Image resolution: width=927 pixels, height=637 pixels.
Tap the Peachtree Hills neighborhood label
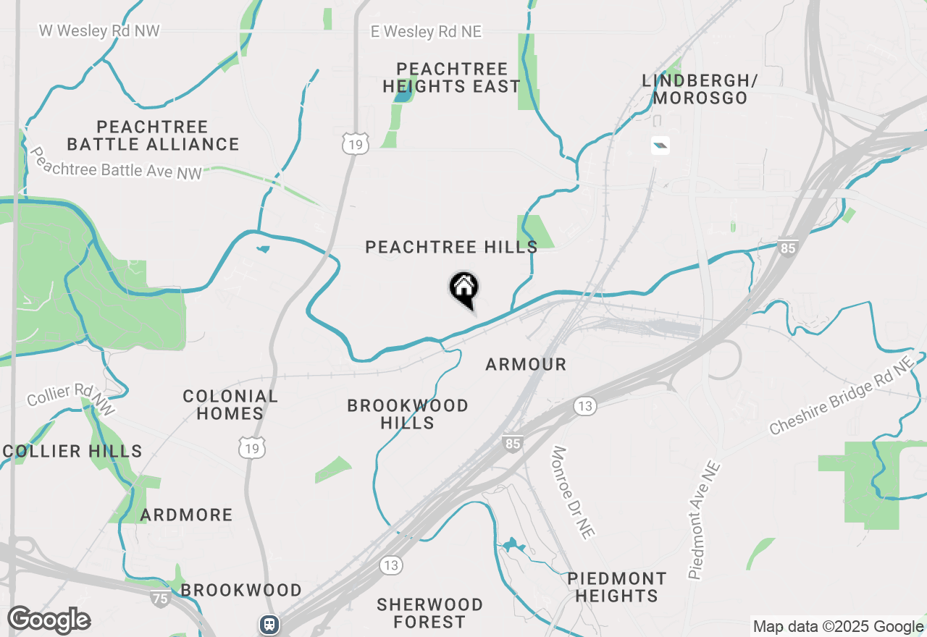point(451,248)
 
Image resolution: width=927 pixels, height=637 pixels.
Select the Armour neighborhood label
point(526,365)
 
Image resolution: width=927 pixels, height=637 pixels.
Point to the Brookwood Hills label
point(408,414)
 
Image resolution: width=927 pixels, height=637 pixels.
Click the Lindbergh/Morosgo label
point(699,90)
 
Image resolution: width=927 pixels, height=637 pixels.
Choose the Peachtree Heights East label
point(452,78)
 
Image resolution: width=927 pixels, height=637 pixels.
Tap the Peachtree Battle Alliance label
point(153,136)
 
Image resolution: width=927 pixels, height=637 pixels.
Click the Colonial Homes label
point(230,405)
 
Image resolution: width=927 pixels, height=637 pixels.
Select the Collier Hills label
point(72,452)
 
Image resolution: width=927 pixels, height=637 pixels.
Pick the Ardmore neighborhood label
point(187,515)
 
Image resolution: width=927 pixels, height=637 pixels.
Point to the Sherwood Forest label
point(430,613)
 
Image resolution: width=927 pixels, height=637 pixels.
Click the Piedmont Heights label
point(616,588)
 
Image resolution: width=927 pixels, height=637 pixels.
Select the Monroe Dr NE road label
point(573,492)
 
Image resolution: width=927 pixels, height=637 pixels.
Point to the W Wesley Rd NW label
point(99,31)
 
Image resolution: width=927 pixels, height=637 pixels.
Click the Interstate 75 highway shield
point(161,599)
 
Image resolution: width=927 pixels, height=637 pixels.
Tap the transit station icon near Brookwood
point(269,623)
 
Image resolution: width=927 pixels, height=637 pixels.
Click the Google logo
point(49,620)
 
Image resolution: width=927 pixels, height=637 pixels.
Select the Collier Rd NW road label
point(71,400)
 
